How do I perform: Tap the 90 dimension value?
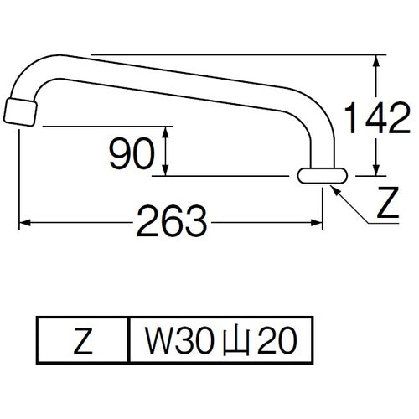coord(132,152)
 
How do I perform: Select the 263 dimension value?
coord(173,223)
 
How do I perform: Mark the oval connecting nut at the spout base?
coord(323,175)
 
